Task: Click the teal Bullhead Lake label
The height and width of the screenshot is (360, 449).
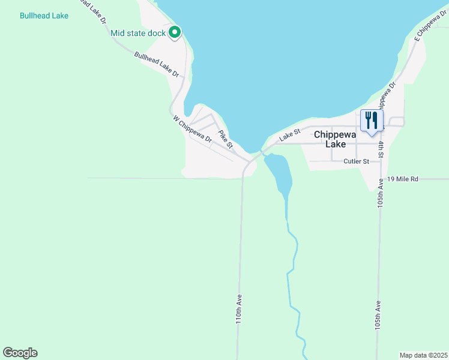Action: (x=44, y=16)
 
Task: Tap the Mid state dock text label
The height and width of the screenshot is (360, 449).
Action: (x=137, y=33)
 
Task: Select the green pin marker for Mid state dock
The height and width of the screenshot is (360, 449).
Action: (x=175, y=32)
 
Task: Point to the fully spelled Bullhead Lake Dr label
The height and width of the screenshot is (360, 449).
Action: (x=157, y=64)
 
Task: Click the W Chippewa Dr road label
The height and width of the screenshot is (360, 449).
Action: (x=193, y=129)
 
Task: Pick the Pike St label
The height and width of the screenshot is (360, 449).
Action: (x=225, y=139)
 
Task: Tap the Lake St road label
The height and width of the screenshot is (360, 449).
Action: (x=288, y=139)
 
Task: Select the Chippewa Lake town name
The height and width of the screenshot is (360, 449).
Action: (x=335, y=139)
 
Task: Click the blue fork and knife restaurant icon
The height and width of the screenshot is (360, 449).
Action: (x=372, y=120)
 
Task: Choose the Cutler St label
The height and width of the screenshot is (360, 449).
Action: (x=355, y=161)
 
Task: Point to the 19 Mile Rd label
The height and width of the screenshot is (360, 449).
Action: (x=402, y=179)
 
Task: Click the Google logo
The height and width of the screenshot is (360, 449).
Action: (x=20, y=353)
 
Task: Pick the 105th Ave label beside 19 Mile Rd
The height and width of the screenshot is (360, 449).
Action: (x=381, y=191)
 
